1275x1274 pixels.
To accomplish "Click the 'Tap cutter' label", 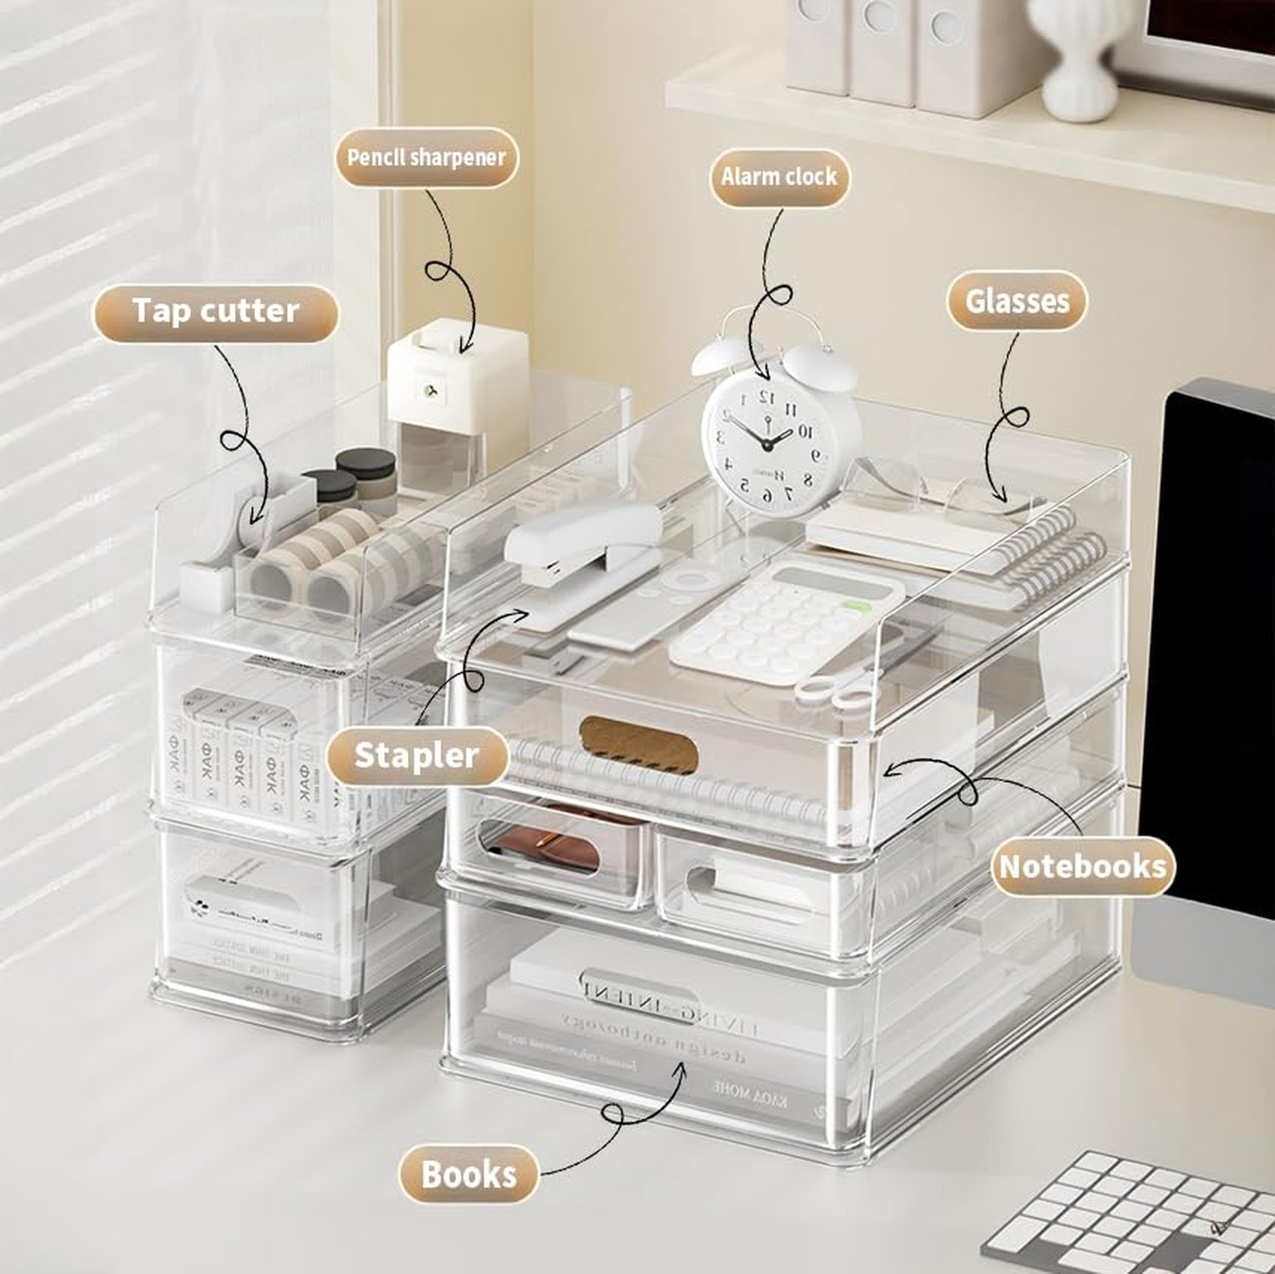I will click(x=215, y=312).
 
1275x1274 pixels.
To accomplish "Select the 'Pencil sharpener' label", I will click(x=426, y=157).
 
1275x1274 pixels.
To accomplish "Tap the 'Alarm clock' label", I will click(x=779, y=177).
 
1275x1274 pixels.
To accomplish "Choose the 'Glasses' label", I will click(x=1017, y=301).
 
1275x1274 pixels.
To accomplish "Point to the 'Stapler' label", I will click(x=416, y=755).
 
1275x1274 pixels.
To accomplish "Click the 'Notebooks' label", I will click(x=1082, y=866).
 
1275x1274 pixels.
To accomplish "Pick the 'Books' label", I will click(x=468, y=1175).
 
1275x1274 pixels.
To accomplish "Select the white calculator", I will click(x=786, y=621).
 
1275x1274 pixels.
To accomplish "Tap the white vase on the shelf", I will click(x=1076, y=59).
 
